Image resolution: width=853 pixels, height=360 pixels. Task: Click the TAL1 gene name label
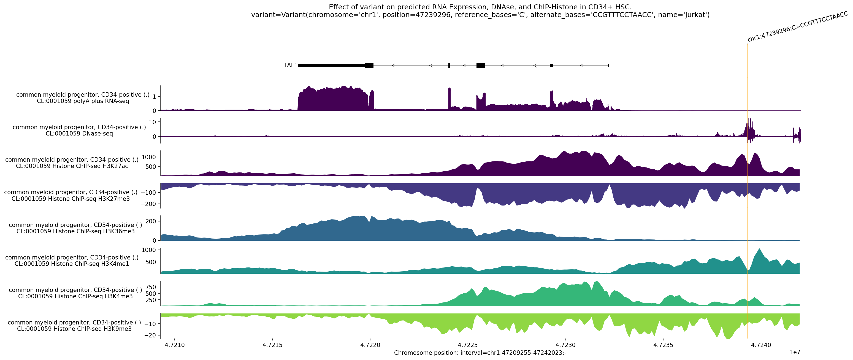290,65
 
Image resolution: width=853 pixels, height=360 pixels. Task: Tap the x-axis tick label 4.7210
175,345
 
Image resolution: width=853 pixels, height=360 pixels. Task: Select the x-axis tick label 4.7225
468,345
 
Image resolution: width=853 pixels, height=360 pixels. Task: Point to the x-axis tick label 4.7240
761,345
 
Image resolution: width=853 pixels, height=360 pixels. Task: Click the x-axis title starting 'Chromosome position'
480,353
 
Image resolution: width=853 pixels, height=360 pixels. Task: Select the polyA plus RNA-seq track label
83,98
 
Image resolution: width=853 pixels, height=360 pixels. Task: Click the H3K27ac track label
72,163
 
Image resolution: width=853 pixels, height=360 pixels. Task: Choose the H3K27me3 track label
71,195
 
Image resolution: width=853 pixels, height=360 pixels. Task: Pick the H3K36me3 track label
75,228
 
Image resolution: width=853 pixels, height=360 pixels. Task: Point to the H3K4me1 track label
72,260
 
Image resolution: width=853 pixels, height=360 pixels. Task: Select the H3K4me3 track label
75,293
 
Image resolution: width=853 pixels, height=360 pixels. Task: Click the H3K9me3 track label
74,326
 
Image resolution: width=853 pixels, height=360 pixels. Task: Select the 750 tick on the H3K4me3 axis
150,287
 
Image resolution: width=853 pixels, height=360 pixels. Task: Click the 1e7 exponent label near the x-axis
795,352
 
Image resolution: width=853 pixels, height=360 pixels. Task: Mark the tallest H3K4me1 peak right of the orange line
759,249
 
